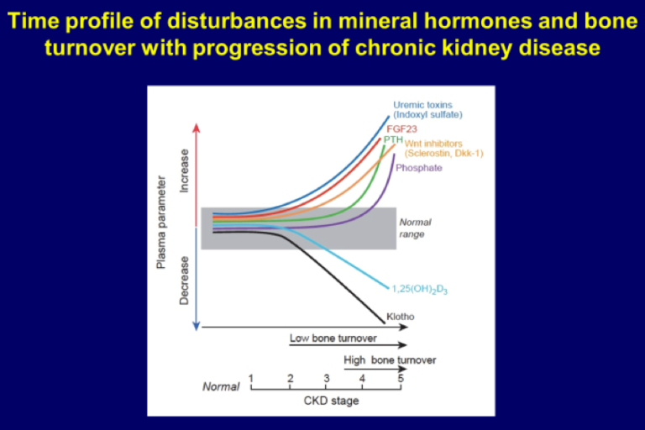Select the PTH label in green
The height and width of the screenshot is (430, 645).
coord(393,139)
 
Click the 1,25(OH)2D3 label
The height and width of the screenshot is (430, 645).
coord(419,290)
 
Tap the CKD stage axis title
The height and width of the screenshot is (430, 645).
coord(331,401)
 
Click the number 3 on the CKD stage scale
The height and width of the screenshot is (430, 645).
coord(327,379)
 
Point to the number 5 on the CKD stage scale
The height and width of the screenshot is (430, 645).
coord(400,379)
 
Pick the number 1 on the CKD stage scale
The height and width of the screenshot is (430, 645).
coord(251,379)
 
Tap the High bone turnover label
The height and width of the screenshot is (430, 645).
coord(390,360)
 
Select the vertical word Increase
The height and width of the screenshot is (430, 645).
coord(185,171)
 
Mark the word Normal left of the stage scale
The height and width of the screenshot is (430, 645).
coord(221,387)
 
